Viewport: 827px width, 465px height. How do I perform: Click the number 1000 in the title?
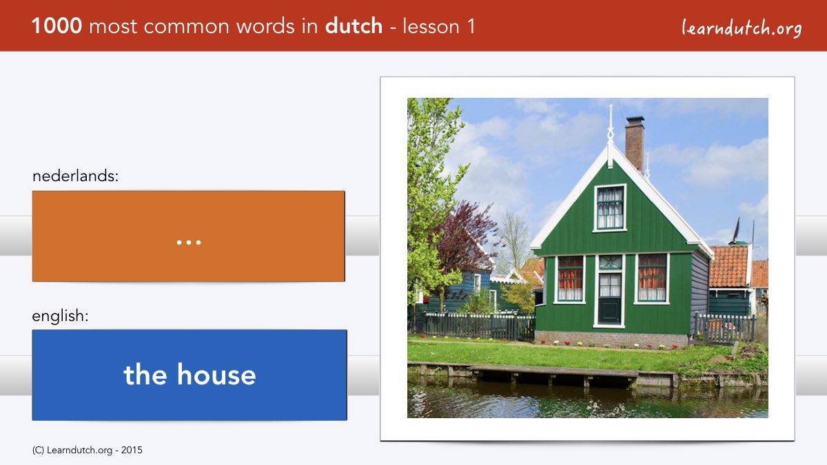[57, 26]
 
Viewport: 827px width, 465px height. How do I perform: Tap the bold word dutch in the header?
[354, 25]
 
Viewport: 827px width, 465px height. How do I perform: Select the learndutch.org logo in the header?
[742, 28]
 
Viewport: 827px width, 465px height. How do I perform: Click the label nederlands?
[75, 176]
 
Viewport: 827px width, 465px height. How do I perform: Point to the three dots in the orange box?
[189, 242]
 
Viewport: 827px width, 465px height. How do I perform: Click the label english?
[60, 316]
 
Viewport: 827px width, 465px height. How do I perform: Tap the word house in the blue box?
[216, 375]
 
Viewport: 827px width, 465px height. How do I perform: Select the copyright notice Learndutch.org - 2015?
[87, 451]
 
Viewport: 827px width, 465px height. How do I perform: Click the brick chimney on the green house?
[635, 144]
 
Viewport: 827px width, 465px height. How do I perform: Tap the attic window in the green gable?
[610, 207]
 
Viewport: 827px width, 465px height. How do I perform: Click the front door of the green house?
[609, 299]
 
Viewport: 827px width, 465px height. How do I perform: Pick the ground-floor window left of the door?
[570, 278]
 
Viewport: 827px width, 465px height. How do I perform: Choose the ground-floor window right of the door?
[652, 278]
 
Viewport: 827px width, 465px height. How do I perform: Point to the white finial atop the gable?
[611, 125]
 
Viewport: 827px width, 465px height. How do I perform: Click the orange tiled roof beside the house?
[729, 266]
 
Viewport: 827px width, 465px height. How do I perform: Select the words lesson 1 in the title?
[438, 26]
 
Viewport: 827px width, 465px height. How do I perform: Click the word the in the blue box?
[145, 375]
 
